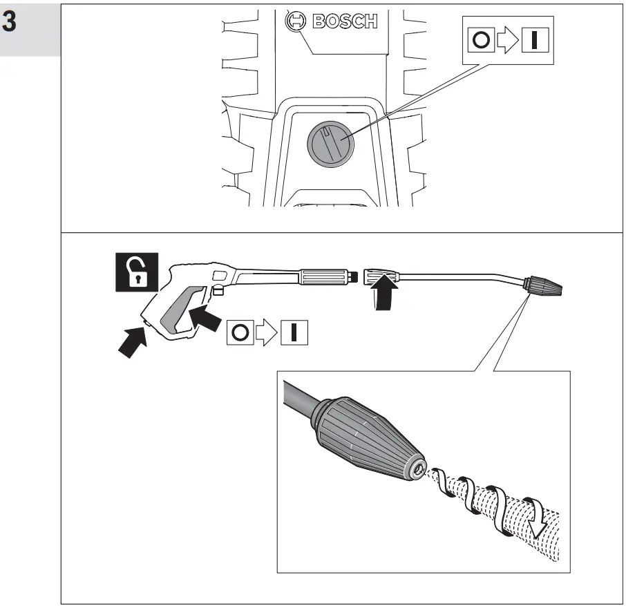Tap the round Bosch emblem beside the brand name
296,21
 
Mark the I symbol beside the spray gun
293,333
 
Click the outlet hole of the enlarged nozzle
418,471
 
